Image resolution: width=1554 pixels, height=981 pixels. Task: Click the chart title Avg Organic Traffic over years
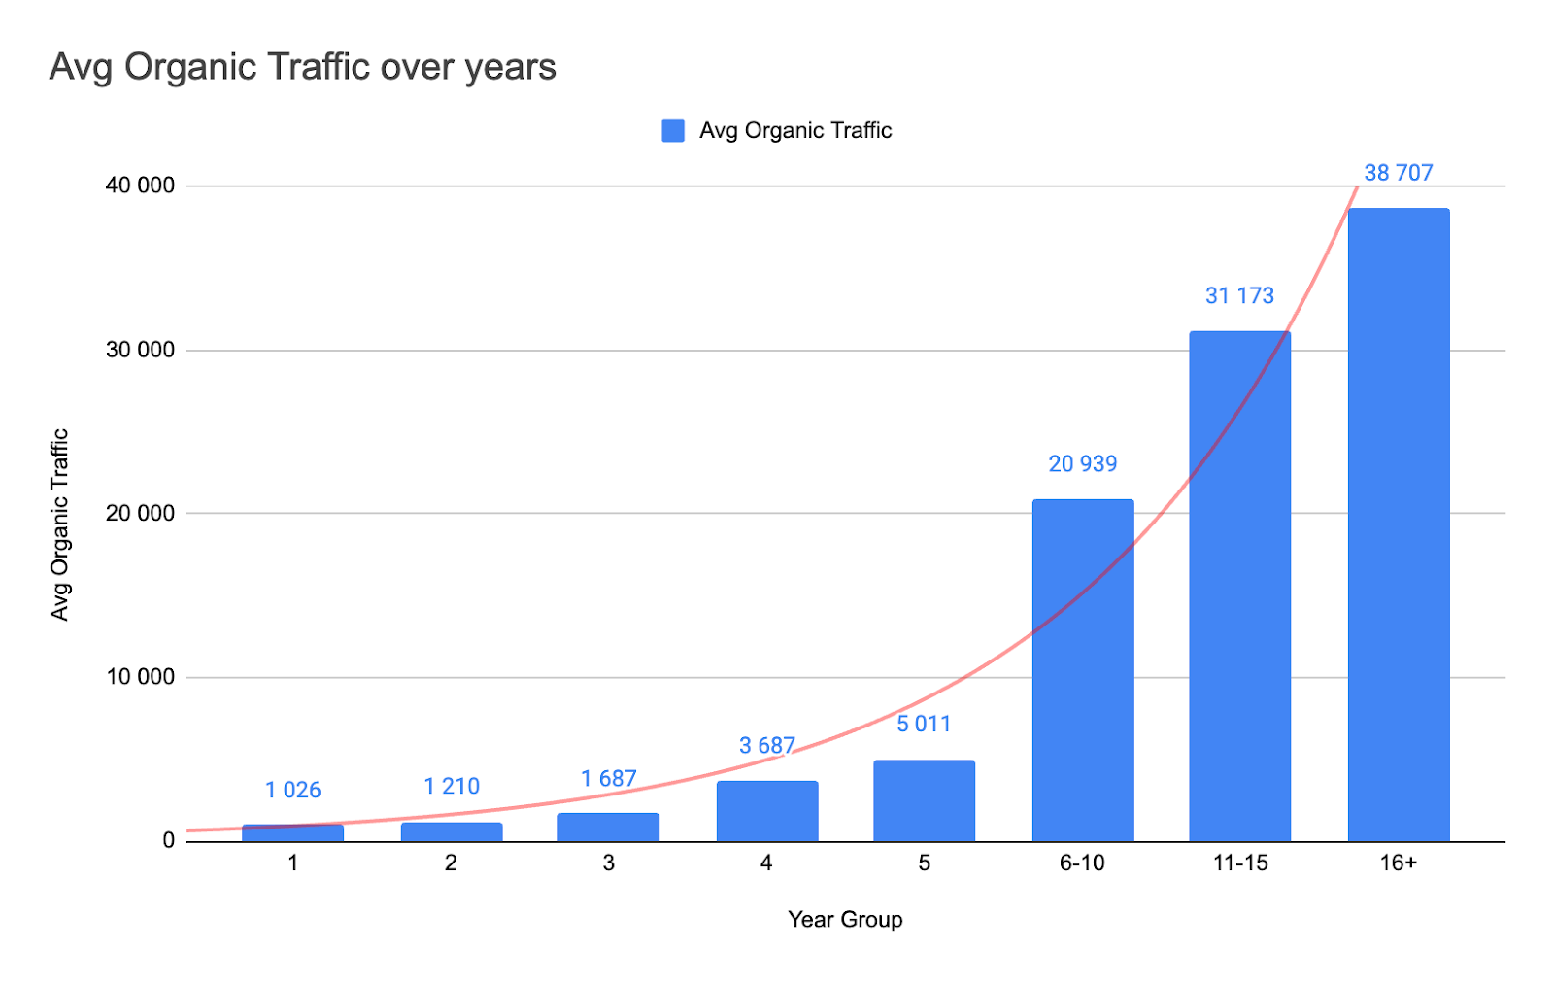point(302,67)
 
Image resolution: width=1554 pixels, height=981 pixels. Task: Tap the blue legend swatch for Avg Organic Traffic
point(673,131)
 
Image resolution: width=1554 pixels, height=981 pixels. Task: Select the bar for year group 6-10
point(1083,670)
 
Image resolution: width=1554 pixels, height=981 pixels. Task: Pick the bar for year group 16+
point(1398,524)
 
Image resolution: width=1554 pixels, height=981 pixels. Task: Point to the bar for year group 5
point(924,800)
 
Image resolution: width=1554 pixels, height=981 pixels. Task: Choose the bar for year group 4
point(767,811)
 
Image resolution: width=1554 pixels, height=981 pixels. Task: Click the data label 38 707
point(1398,173)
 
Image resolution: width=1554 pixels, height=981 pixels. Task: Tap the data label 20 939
point(1082,464)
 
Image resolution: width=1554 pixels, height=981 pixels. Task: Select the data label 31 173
point(1239,296)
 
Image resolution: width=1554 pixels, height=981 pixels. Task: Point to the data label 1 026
point(292,791)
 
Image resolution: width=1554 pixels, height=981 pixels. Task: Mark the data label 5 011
point(924,725)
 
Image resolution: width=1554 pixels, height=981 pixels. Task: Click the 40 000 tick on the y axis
point(141,186)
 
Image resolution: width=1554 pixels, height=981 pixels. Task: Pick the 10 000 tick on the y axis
point(141,677)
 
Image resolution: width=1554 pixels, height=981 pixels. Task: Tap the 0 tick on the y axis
point(169,841)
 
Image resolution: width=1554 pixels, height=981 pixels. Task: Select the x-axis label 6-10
point(1082,863)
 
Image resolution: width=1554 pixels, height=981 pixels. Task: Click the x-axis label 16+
point(1398,863)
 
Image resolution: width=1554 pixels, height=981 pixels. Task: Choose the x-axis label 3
point(608,863)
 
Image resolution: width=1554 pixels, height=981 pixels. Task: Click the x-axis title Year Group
point(845,920)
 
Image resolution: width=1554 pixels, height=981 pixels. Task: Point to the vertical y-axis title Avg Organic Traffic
point(60,524)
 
